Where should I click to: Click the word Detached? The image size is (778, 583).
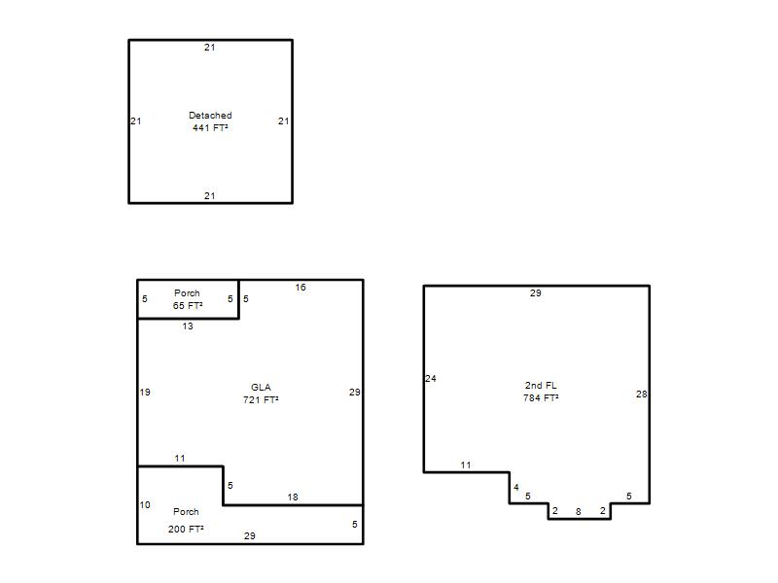(x=210, y=115)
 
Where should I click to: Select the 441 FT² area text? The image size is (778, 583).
(x=210, y=128)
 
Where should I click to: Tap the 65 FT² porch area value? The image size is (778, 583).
(x=188, y=306)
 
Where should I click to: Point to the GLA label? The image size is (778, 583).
(x=261, y=387)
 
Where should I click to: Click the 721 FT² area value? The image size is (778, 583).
(x=261, y=399)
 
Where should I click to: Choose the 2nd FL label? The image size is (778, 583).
(x=541, y=385)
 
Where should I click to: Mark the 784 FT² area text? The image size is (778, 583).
(x=541, y=397)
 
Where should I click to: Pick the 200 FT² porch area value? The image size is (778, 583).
(x=186, y=529)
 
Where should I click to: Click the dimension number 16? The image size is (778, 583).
(x=301, y=288)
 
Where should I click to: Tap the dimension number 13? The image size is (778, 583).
(x=188, y=326)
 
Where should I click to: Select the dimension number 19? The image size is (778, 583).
(x=145, y=393)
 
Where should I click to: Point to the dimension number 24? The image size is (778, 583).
(x=431, y=379)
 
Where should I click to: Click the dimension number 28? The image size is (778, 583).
(x=642, y=394)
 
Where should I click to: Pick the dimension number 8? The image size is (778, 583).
(x=578, y=512)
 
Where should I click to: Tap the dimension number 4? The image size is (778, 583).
(x=516, y=488)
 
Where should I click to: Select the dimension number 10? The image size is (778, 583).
(x=145, y=504)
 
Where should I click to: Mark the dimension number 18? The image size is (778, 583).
(x=293, y=497)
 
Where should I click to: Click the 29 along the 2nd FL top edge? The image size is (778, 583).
(x=536, y=293)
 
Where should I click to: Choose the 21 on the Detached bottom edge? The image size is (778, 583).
(x=210, y=196)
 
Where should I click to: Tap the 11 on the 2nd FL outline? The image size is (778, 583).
(x=466, y=465)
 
